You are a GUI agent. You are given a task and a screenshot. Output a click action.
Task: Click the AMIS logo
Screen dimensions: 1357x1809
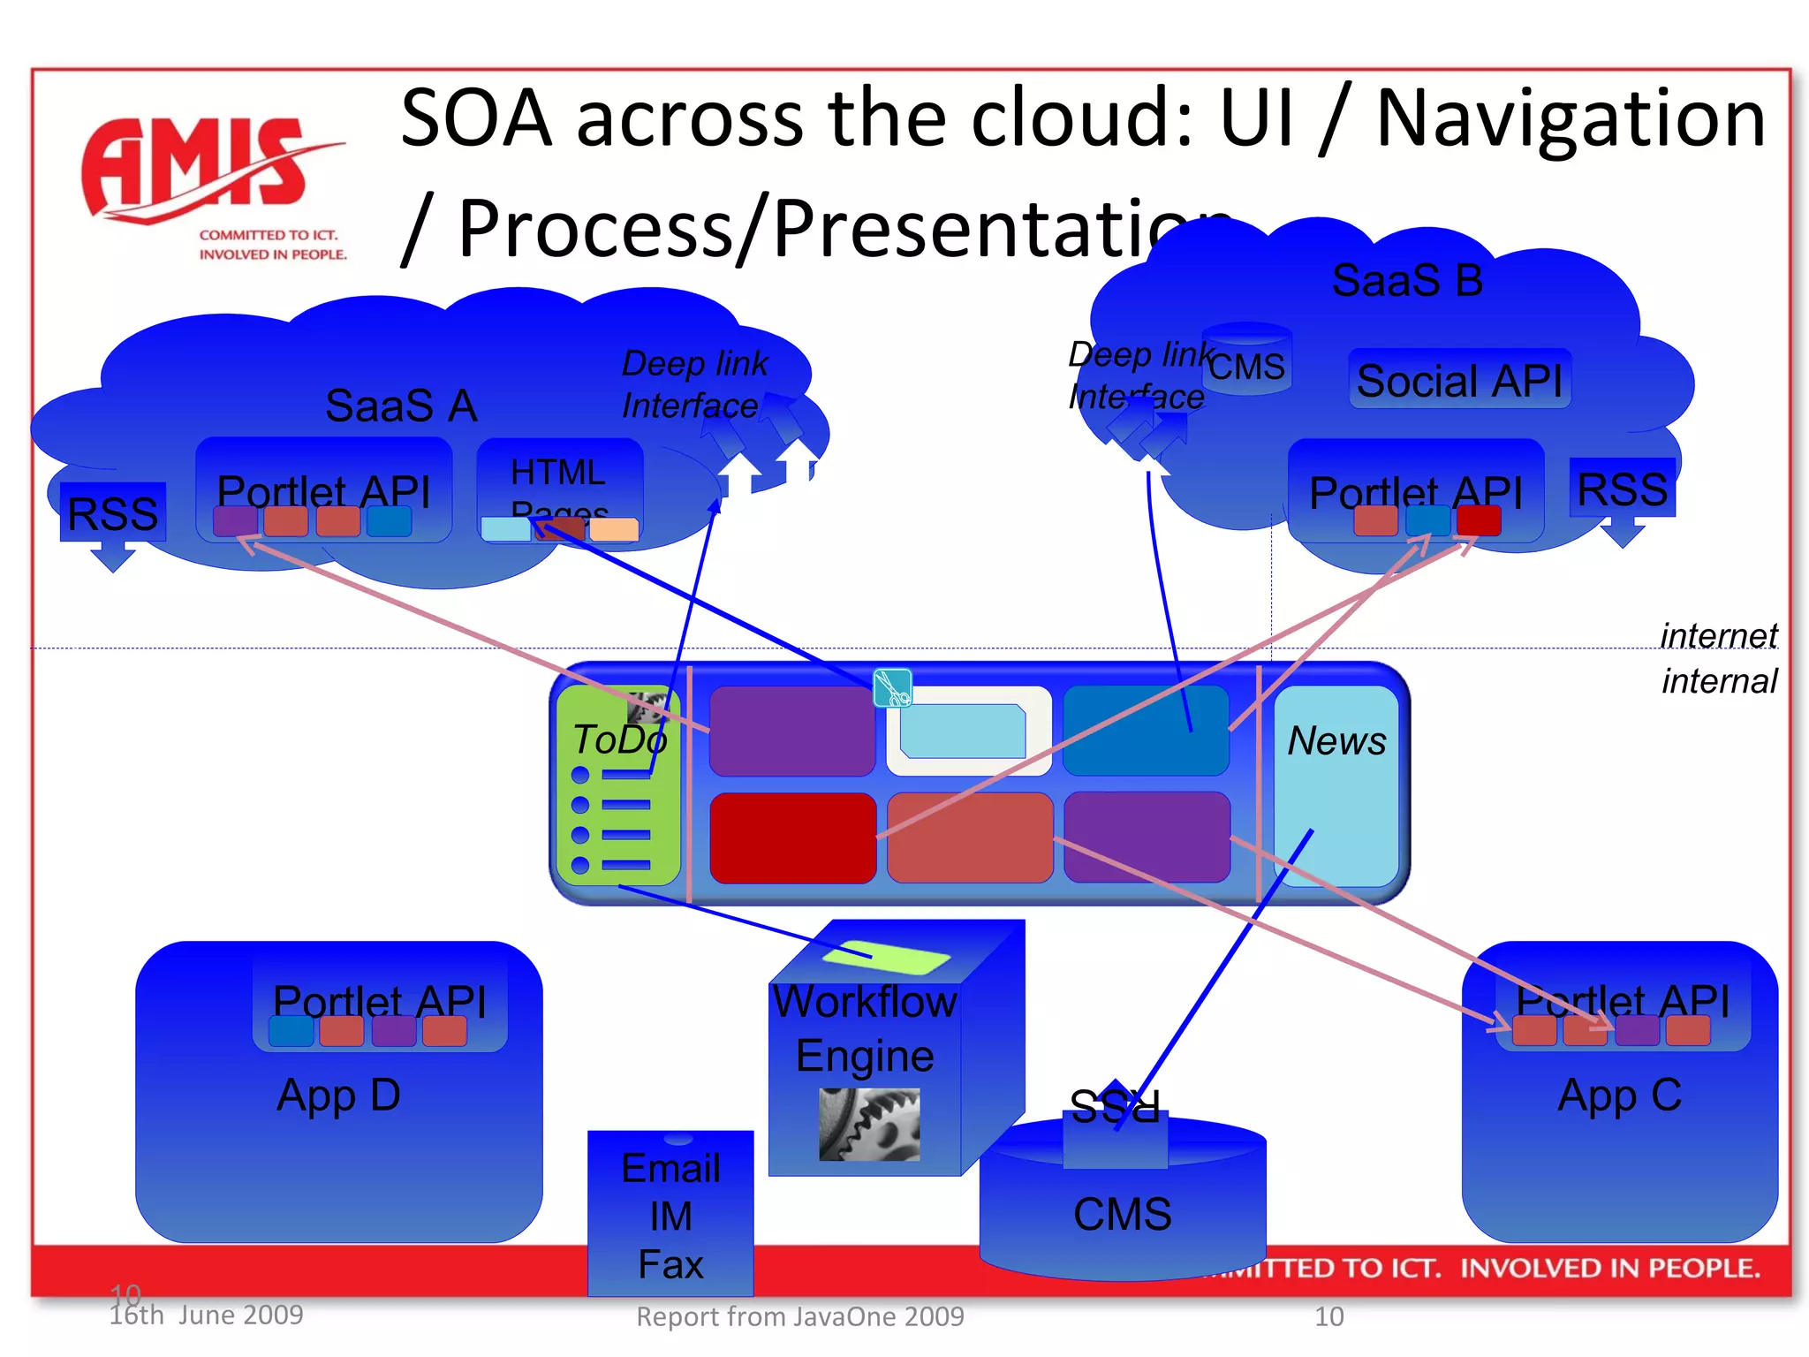click(x=212, y=186)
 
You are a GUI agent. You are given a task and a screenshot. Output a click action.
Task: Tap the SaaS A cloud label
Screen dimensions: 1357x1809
click(x=401, y=406)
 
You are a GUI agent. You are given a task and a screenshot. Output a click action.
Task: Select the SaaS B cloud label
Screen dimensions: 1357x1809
click(x=1406, y=281)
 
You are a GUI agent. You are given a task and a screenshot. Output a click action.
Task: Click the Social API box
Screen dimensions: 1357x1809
click(x=1459, y=381)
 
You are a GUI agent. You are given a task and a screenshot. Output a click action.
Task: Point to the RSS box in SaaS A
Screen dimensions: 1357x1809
click(x=112, y=512)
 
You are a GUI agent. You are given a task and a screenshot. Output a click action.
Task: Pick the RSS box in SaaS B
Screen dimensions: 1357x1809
click(x=1622, y=489)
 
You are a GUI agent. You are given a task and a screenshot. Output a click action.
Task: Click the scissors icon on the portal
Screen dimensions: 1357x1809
click(x=892, y=687)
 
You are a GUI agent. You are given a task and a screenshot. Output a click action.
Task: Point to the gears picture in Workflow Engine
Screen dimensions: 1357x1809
click(x=869, y=1124)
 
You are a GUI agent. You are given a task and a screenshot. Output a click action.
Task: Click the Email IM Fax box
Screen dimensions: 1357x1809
click(x=670, y=1215)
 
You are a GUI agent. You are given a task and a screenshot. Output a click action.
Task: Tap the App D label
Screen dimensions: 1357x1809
click(x=338, y=1095)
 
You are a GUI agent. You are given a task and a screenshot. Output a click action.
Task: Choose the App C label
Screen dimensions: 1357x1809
click(x=1619, y=1095)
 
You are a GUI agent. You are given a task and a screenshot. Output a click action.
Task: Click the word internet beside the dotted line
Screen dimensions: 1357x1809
click(x=1718, y=635)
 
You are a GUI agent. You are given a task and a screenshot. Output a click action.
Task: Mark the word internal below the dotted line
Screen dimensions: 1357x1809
click(x=1718, y=681)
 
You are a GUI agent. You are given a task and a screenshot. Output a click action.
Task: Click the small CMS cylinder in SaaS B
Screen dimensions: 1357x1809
click(x=1246, y=359)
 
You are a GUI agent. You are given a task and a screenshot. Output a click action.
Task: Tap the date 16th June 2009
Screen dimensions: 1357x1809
click(x=206, y=1315)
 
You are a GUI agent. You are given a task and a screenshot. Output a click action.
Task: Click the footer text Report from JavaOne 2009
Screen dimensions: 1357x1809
click(x=800, y=1316)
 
